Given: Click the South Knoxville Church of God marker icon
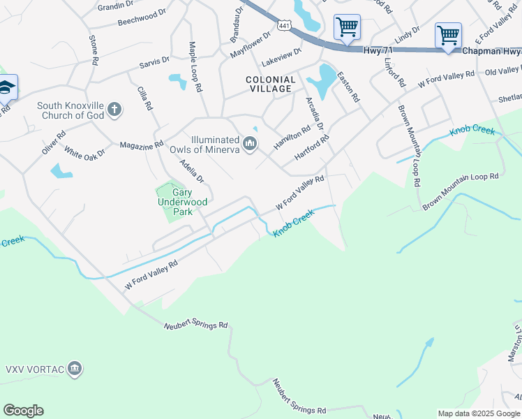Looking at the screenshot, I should point(115,110).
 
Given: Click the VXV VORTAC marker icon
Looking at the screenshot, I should point(75,369).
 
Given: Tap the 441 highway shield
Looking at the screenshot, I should point(284,25).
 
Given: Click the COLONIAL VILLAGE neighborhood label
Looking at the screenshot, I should point(270,84).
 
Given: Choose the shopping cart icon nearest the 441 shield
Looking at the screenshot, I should point(347,27).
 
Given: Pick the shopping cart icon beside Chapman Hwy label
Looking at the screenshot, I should point(447,34).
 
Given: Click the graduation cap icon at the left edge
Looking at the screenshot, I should point(6,88).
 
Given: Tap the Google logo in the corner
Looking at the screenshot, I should point(23,411).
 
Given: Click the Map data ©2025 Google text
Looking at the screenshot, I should point(479,413).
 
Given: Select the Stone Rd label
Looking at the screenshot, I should point(92,50).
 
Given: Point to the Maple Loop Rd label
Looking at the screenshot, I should point(195,67).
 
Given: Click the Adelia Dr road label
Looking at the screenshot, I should point(191,170).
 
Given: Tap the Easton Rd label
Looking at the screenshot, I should point(348,87).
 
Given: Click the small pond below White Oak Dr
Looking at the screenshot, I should point(61,170).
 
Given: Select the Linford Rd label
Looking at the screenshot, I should point(394,71).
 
